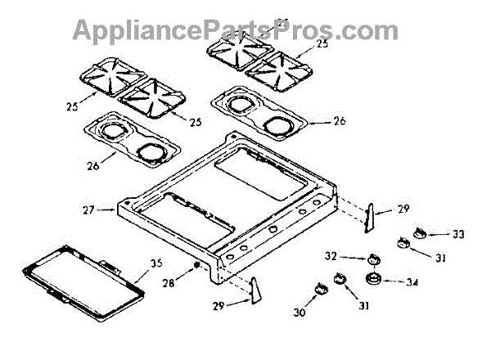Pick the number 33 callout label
[x=457, y=234]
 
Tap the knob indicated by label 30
[x=318, y=288]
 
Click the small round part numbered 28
[x=197, y=268]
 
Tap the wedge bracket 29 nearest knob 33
[x=372, y=218]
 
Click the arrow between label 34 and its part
[x=395, y=282]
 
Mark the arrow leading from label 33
[x=441, y=234]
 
